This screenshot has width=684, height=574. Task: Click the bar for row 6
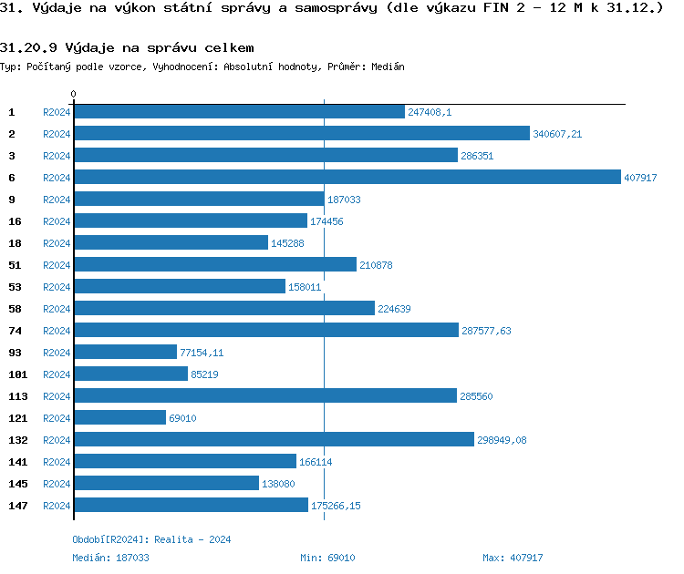point(347,178)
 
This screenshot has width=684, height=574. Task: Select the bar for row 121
point(119,418)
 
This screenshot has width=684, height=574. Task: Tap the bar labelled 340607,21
point(301,134)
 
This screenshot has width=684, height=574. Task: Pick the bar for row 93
point(125,353)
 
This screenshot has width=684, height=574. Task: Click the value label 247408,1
point(430,112)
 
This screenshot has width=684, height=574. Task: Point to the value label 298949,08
point(502,440)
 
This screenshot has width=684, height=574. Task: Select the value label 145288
point(287,243)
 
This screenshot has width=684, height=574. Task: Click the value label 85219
point(204,374)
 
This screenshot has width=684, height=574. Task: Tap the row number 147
point(18,506)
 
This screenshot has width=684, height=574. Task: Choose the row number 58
point(16,309)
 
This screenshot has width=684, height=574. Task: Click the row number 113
point(18,396)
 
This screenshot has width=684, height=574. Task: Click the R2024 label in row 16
point(57,221)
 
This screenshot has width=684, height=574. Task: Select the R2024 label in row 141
point(57,462)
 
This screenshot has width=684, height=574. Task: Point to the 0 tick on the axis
point(74,95)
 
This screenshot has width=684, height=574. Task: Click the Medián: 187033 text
point(110,558)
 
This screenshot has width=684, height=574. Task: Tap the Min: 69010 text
point(327,558)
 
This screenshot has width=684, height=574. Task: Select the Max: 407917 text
point(513,558)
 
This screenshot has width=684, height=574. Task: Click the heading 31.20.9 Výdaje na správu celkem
point(127,47)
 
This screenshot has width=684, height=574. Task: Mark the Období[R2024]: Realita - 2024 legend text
point(151,539)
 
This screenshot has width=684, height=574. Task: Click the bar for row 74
point(266,331)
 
